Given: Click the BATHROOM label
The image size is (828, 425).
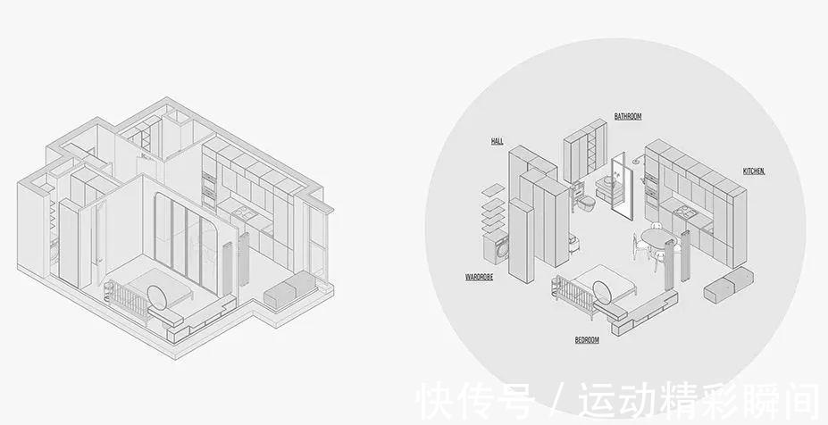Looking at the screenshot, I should [628, 116].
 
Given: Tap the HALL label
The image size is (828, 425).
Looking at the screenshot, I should [498, 141].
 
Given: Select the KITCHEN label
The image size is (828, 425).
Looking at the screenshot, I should [754, 171].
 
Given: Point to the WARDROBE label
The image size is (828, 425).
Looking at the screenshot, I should [479, 277].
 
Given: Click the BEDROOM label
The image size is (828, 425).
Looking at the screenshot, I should [587, 340].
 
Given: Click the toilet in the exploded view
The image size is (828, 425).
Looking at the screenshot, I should [587, 201].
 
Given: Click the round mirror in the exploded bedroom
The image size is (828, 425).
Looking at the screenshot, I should [604, 291].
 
